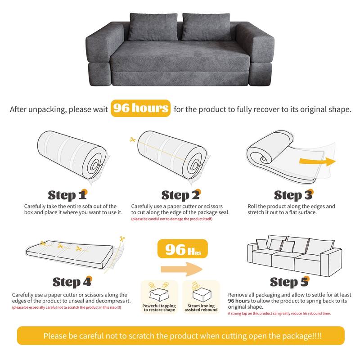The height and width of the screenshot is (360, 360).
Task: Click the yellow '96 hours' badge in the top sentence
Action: [140, 108]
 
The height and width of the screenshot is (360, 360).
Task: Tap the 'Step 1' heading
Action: [67, 195]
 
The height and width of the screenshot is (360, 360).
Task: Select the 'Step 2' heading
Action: [180, 195]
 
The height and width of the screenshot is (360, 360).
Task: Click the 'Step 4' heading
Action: [72, 282]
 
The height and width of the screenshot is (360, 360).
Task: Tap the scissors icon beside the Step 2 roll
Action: [132, 140]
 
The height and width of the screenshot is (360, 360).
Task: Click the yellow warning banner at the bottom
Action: [180, 336]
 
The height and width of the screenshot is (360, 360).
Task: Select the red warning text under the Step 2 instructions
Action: [171, 219]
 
